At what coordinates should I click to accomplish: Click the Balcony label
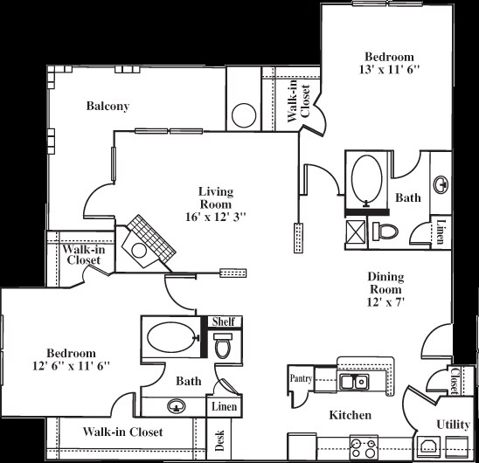click(108, 107)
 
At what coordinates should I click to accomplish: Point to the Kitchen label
click(350, 415)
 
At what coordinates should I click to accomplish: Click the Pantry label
click(301, 378)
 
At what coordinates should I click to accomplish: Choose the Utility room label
click(453, 424)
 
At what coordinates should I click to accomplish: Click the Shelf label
click(223, 321)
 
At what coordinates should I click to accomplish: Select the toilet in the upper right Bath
click(385, 230)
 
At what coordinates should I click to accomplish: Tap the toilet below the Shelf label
click(223, 346)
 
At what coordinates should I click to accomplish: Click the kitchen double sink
click(354, 382)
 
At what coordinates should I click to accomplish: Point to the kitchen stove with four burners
click(361, 446)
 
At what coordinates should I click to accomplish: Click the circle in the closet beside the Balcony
click(242, 115)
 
